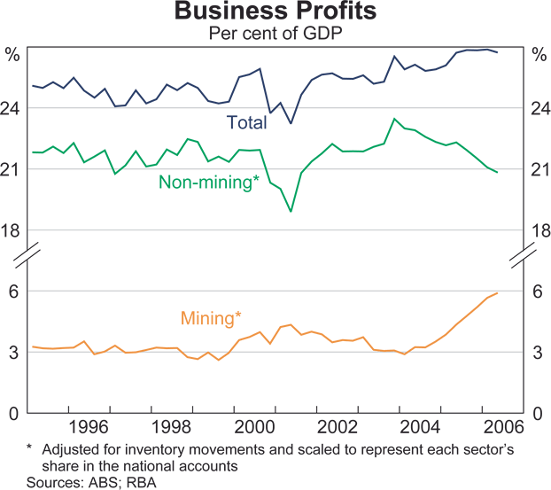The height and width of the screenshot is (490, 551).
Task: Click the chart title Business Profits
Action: (275, 12)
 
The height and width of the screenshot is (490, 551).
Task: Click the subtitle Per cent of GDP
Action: (275, 33)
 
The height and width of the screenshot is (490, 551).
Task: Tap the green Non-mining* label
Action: (208, 183)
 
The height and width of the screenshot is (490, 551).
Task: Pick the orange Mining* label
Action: (211, 316)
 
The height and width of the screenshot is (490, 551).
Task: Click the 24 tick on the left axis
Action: (12, 109)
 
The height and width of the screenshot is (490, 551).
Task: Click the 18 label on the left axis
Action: (12, 231)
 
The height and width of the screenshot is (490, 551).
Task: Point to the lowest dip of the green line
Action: (291, 212)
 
